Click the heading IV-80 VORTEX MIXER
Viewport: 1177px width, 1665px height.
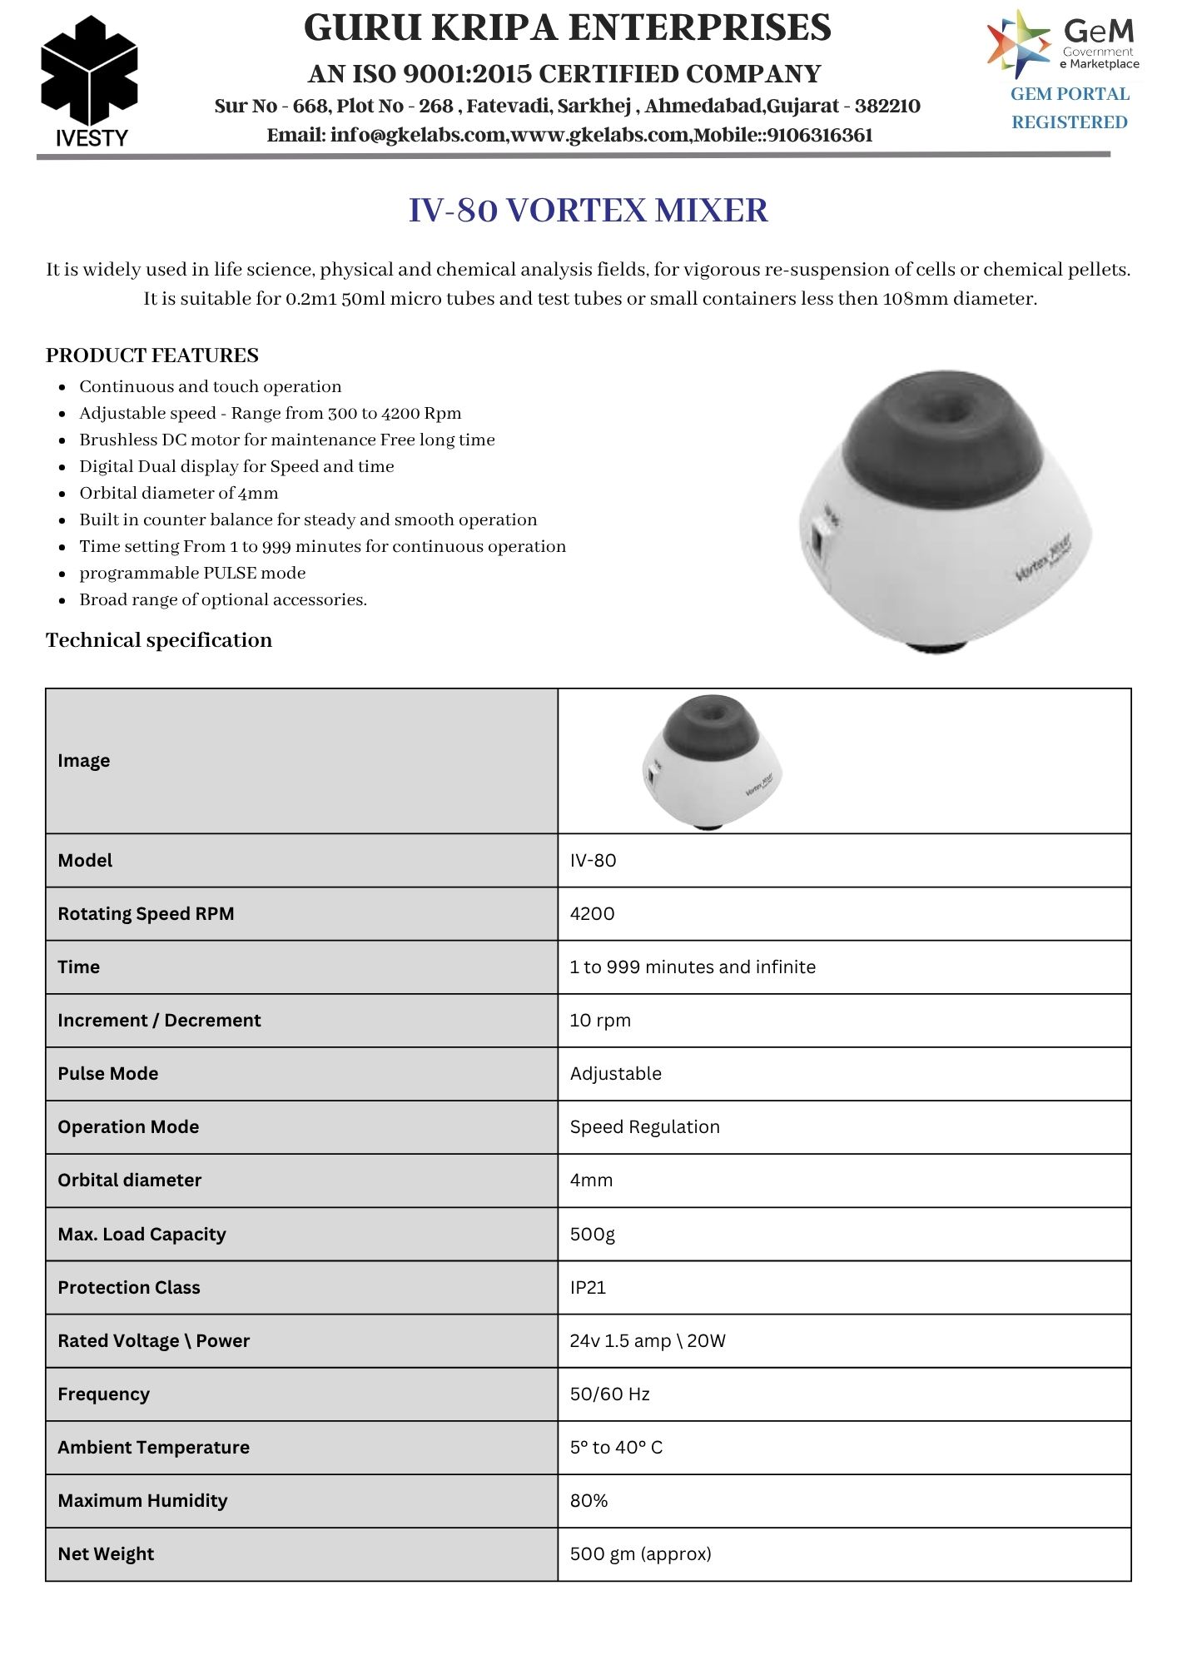(x=588, y=211)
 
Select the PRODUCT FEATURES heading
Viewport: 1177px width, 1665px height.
(x=152, y=355)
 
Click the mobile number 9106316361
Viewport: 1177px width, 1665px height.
(x=820, y=135)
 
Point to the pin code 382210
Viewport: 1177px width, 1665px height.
(x=887, y=106)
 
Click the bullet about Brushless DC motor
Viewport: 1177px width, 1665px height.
(x=287, y=440)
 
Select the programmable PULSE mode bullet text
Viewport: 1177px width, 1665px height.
(x=192, y=573)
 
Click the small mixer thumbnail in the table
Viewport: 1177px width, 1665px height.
(x=712, y=761)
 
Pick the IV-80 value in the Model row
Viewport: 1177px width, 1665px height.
(x=593, y=861)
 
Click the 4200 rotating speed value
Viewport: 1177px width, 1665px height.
(x=592, y=914)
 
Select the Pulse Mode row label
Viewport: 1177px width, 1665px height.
(x=108, y=1074)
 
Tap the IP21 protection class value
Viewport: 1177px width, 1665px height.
(x=588, y=1288)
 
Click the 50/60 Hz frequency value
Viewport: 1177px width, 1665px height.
(x=609, y=1394)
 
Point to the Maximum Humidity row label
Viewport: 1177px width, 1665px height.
(x=142, y=1501)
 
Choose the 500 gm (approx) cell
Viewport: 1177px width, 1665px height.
(x=640, y=1554)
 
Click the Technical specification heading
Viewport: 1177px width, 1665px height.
(x=159, y=640)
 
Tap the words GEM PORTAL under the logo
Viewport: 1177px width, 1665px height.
(x=1070, y=94)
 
